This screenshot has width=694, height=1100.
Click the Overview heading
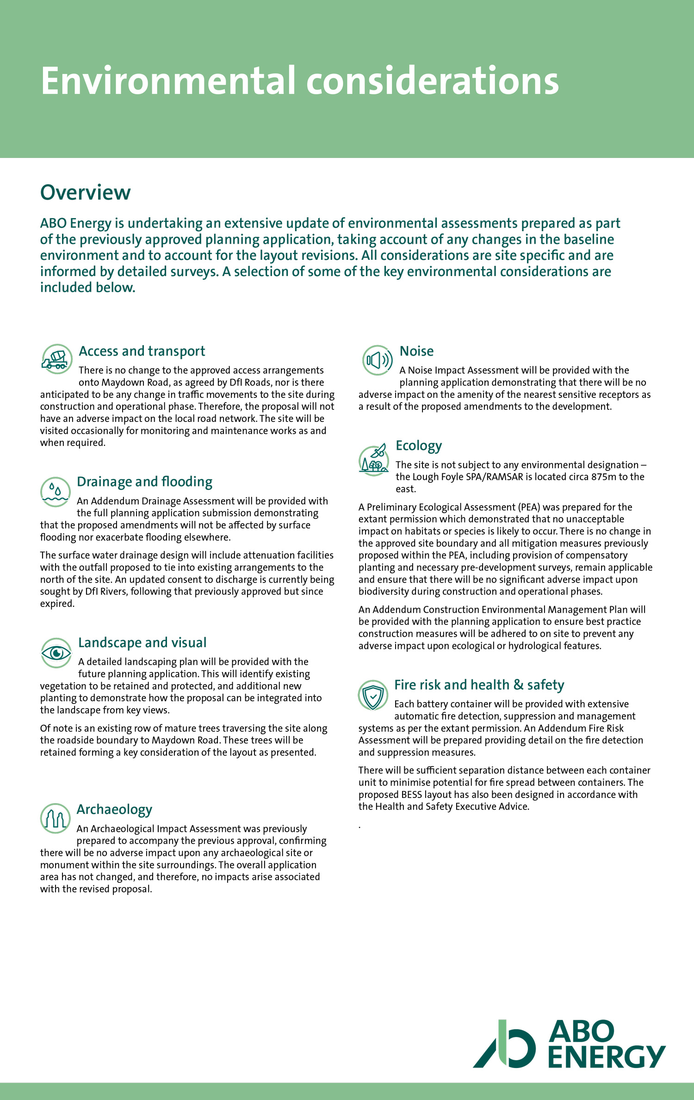point(86,193)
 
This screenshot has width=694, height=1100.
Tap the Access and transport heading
point(142,351)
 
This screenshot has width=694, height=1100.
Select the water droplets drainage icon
point(56,492)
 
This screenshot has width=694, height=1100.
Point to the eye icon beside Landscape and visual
point(56,653)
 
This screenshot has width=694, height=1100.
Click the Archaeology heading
point(114,809)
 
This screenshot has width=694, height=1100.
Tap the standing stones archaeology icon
point(55,818)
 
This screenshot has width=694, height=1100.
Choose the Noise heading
point(416,351)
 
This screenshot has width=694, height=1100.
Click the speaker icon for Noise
point(377,360)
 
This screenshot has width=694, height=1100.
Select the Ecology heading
point(419,446)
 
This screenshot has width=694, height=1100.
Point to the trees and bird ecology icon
point(374,460)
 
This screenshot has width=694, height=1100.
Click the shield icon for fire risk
point(373,695)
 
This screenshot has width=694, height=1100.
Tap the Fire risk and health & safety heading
point(479,685)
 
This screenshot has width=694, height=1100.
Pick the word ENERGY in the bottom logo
point(607,1056)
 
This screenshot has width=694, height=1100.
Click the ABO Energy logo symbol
point(504,1044)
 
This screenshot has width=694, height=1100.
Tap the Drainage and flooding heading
point(144,482)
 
